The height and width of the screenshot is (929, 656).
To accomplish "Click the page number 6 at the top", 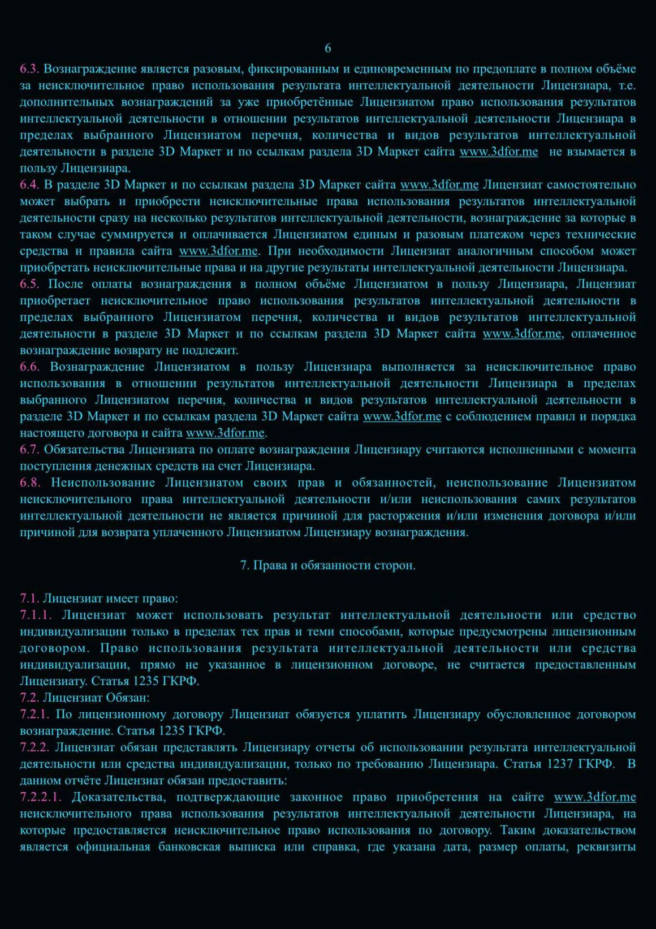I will (328, 49).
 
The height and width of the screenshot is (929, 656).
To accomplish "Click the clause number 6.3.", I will (29, 69).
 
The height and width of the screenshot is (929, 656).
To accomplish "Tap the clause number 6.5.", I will (29, 284).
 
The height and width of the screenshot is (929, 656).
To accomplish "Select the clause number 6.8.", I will (30, 483).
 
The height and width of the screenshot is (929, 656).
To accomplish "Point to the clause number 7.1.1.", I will (36, 615).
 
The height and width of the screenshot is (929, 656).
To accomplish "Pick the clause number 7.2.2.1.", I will (40, 797).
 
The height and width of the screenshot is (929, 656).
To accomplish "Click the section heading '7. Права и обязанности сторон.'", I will (328, 565).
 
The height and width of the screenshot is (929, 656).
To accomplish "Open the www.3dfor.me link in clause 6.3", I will (498, 152).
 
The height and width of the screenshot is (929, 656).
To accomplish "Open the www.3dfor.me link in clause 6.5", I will (521, 334).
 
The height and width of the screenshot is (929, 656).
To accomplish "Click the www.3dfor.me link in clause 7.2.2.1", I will (594, 797).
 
